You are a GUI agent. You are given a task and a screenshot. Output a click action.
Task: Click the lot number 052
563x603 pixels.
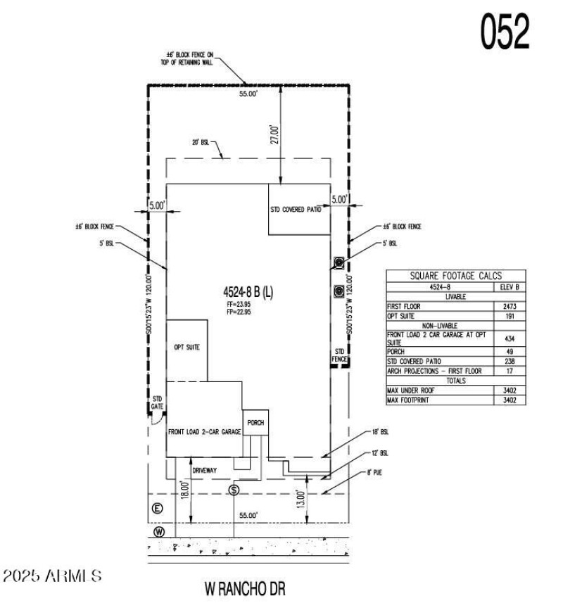(x=505, y=31)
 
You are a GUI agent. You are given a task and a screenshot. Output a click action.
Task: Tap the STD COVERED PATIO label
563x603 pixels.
(x=299, y=210)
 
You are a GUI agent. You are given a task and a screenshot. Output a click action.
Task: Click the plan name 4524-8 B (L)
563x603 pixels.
(x=250, y=291)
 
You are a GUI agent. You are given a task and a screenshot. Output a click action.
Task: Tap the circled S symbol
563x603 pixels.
(x=234, y=490)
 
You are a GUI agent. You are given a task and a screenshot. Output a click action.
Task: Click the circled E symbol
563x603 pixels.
(x=158, y=508)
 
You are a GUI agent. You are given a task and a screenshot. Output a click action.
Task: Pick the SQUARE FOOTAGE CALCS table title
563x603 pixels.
(x=457, y=276)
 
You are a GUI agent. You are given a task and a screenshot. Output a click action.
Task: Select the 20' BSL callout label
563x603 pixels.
(x=200, y=142)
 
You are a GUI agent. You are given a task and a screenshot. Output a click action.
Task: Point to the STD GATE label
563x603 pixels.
(x=158, y=402)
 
